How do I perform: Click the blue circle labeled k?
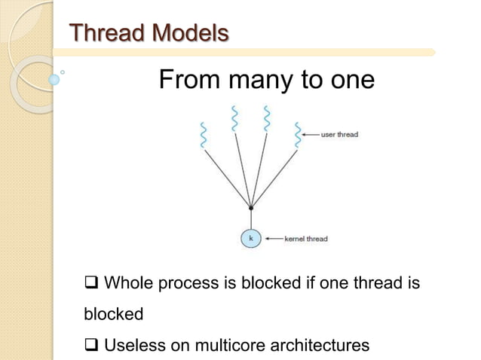250,239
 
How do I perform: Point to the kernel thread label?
305,239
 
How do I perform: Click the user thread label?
339,135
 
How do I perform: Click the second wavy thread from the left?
234,117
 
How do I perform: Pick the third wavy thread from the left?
266,117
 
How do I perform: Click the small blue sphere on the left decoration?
53,78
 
